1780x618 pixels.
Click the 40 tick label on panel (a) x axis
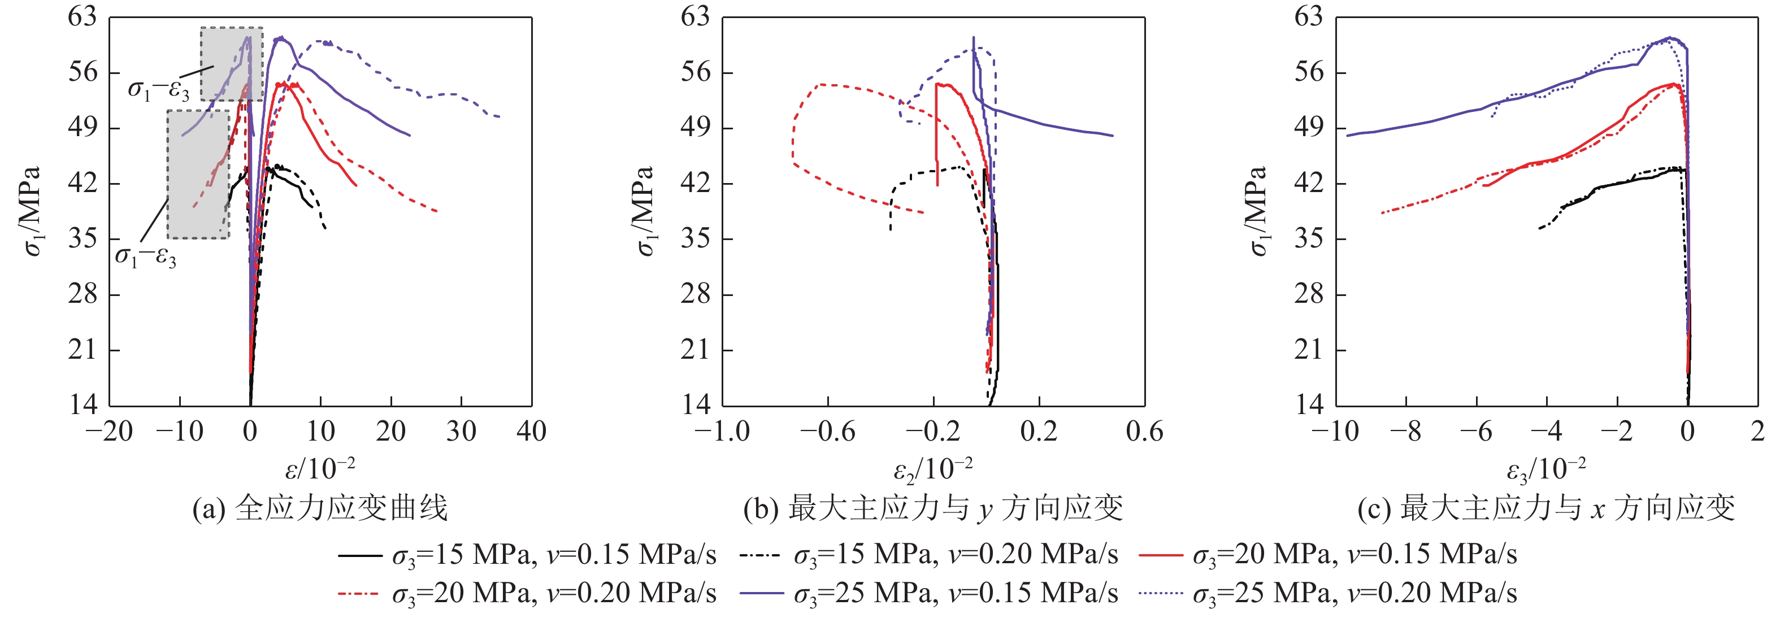(531, 432)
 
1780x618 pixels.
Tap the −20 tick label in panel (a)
(108, 432)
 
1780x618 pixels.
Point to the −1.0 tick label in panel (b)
(722, 432)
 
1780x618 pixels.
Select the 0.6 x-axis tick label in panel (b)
(1144, 432)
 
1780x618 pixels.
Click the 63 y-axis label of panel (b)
(695, 16)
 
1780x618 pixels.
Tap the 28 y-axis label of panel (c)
(1309, 294)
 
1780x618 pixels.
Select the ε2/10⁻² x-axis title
(933, 469)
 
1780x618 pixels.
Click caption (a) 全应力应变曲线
(320, 509)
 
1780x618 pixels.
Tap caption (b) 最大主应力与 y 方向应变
(933, 509)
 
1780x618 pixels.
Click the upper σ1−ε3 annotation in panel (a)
(158, 89)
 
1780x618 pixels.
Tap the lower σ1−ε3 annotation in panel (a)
(145, 257)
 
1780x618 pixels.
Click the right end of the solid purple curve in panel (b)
(1113, 136)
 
